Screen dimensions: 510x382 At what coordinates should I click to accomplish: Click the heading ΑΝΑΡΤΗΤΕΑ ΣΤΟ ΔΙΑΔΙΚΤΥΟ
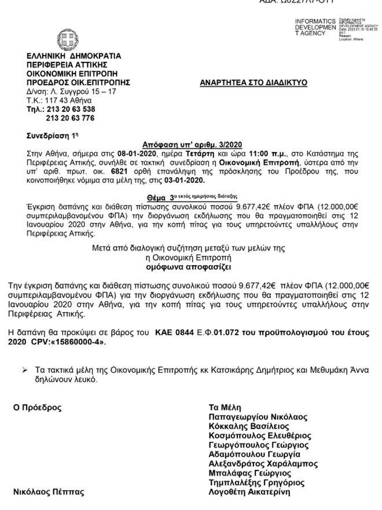(x=254, y=83)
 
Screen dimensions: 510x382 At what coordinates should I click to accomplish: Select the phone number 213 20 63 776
(x=70, y=118)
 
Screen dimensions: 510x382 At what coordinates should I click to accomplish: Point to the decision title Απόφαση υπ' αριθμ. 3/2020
(x=192, y=145)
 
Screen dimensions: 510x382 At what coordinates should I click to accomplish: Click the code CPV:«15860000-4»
(x=74, y=342)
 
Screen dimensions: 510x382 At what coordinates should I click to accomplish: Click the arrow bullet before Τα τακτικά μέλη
(x=24, y=369)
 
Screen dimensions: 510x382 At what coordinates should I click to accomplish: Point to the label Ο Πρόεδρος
(x=37, y=408)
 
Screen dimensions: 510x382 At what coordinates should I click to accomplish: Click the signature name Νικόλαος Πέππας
(x=49, y=492)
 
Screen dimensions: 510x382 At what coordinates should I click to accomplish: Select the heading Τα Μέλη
(x=225, y=408)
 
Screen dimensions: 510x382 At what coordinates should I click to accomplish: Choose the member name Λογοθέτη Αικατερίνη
(x=249, y=492)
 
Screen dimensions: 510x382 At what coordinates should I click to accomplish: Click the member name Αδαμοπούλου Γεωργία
(x=252, y=454)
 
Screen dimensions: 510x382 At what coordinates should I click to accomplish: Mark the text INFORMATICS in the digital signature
(x=315, y=21)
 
